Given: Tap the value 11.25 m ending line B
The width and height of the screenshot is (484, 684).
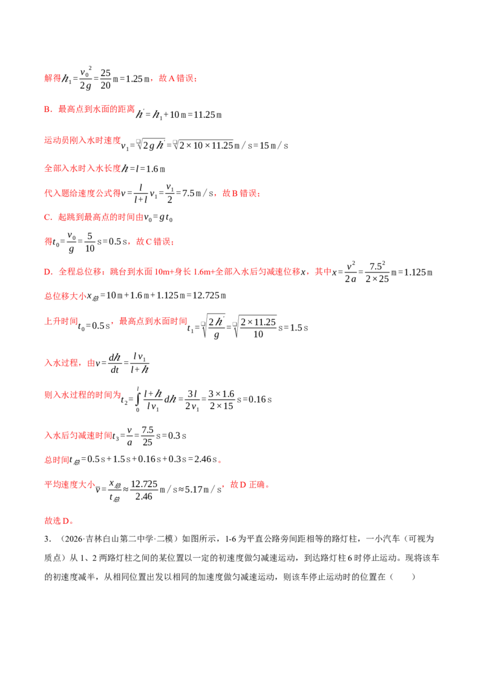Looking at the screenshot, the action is click(208, 115).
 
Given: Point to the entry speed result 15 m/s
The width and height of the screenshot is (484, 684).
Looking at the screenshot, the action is click(274, 146).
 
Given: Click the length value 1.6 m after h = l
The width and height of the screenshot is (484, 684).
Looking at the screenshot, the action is click(155, 169).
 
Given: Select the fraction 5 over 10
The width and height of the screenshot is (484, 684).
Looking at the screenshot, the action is click(90, 242).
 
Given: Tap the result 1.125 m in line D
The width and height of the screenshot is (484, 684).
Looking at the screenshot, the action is click(418, 272).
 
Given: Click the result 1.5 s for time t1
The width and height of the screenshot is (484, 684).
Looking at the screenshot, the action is click(299, 327).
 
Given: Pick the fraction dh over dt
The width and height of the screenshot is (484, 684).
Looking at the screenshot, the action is click(114, 363).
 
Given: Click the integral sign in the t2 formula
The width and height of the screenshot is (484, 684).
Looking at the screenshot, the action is click(137, 399).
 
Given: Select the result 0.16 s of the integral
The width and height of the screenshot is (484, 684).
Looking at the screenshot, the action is click(260, 399).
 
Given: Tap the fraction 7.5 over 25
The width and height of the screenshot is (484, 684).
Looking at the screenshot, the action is click(148, 436).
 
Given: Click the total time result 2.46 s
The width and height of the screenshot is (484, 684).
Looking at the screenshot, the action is click(205, 459).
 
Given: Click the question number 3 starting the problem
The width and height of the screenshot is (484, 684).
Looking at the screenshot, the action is click(47, 539).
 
